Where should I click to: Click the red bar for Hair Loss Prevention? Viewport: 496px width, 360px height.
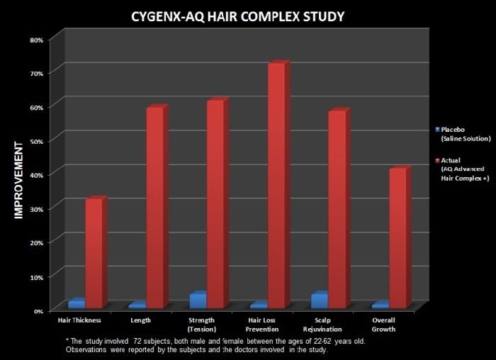(x=278, y=184)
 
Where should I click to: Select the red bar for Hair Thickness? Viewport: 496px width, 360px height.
(x=96, y=252)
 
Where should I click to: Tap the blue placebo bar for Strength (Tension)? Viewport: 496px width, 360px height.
(x=198, y=300)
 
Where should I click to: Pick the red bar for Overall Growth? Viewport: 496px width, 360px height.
(x=400, y=237)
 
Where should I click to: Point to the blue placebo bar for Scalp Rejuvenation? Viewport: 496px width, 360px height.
(x=320, y=300)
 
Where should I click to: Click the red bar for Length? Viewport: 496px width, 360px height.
(x=157, y=206)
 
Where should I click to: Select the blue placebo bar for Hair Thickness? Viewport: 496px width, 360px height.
(x=77, y=303)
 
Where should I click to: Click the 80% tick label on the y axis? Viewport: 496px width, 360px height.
(x=36, y=40)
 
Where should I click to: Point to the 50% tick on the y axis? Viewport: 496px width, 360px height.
(x=36, y=142)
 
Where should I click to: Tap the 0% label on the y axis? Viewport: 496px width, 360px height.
(x=38, y=311)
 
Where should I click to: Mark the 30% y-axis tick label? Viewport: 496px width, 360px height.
(x=36, y=210)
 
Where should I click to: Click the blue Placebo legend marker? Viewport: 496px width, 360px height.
(x=437, y=130)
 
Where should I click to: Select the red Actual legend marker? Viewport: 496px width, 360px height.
(x=437, y=160)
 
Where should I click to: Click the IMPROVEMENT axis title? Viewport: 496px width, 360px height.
(x=18, y=180)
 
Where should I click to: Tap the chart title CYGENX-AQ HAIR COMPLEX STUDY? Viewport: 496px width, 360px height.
(x=237, y=16)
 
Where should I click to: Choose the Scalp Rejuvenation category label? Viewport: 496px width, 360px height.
(x=322, y=325)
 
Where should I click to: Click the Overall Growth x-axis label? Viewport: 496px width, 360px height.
(x=383, y=325)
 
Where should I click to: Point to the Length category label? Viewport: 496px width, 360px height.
(x=141, y=320)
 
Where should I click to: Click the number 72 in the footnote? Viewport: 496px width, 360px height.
(x=137, y=342)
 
